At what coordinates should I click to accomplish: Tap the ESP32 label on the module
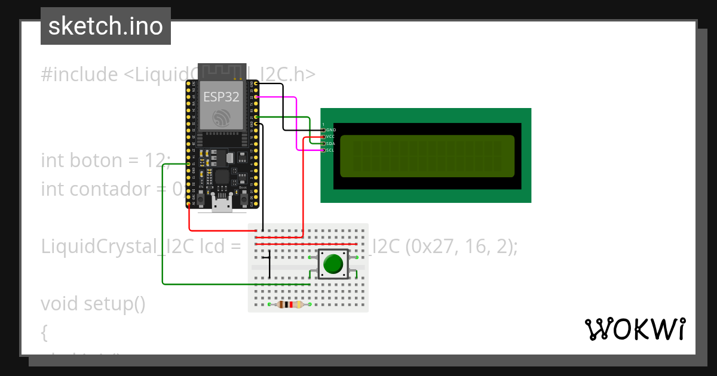pyautogui.click(x=221, y=97)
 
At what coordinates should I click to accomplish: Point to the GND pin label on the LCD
pyautogui.click(x=331, y=130)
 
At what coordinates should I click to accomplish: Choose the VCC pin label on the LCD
pyautogui.click(x=331, y=137)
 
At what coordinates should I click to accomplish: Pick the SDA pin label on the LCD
pyautogui.click(x=331, y=144)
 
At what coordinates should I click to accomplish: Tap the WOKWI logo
pyautogui.click(x=635, y=329)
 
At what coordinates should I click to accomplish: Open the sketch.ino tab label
pyautogui.click(x=106, y=26)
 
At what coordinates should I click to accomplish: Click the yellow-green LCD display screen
pyautogui.click(x=427, y=156)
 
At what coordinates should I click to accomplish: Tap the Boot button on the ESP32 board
pyautogui.click(x=243, y=196)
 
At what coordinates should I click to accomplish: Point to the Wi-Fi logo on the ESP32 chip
pyautogui.click(x=221, y=118)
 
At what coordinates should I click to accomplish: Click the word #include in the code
pyautogui.click(x=79, y=75)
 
